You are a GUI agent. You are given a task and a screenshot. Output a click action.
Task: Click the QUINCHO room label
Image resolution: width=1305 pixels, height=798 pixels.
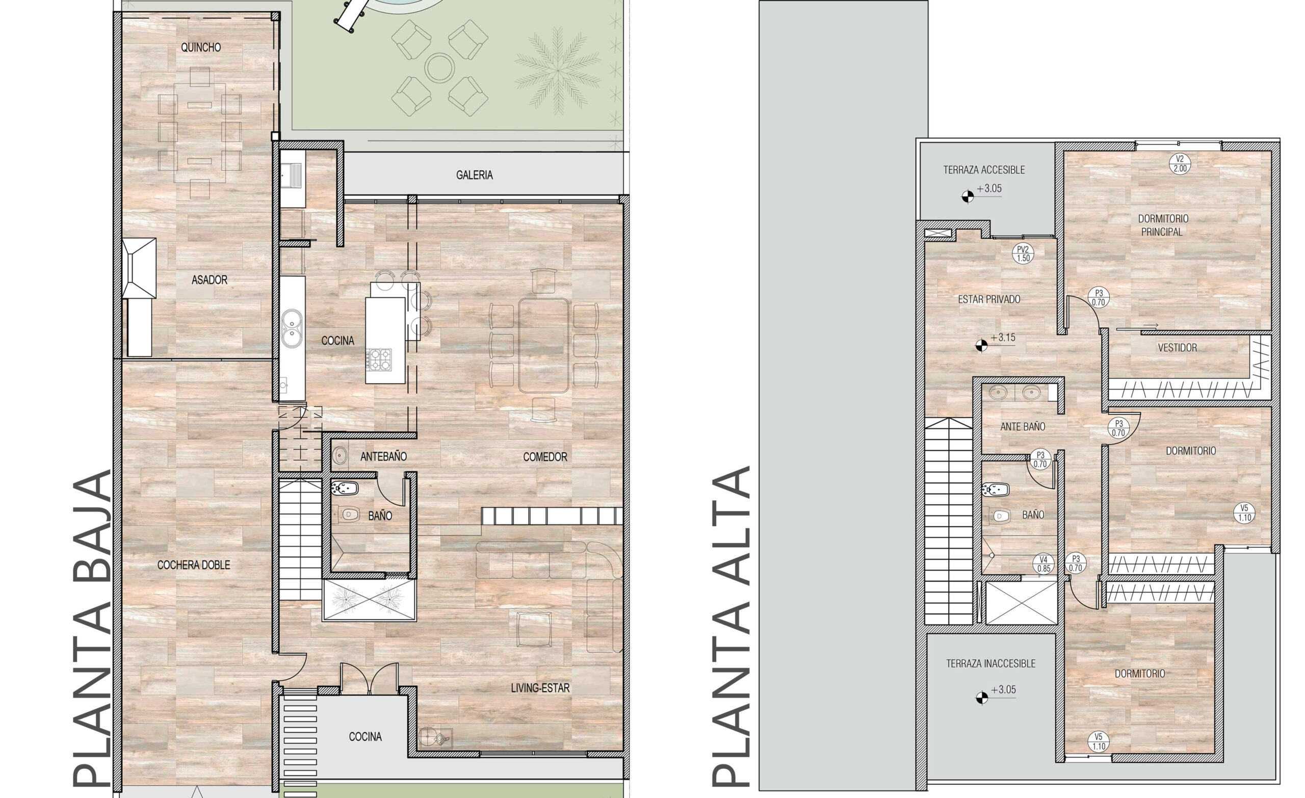tap(201, 47)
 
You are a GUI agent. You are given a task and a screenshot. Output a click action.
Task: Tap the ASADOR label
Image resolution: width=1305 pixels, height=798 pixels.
tap(209, 280)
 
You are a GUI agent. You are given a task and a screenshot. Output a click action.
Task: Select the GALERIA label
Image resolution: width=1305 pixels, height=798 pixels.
tap(475, 175)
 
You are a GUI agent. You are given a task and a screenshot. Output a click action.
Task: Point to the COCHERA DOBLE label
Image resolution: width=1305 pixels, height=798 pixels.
tap(194, 565)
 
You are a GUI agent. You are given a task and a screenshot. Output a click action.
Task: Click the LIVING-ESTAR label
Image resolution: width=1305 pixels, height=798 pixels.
tap(540, 688)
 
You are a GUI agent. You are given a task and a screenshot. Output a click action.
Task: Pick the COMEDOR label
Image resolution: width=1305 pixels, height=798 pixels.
tap(545, 457)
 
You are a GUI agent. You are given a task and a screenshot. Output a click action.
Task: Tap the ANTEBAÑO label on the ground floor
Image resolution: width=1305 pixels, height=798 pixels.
tap(383, 456)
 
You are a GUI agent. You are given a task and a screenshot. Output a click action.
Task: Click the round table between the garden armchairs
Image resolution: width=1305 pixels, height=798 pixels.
tap(439, 67)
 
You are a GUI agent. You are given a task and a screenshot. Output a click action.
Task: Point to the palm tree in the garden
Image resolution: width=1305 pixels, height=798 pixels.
tap(558, 70)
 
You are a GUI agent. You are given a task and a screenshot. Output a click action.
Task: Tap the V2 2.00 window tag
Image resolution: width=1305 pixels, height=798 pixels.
tap(1180, 164)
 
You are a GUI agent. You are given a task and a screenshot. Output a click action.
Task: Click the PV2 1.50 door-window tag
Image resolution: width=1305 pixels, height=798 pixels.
tap(1023, 254)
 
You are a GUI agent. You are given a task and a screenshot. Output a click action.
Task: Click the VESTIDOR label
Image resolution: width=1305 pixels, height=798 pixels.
tap(1178, 348)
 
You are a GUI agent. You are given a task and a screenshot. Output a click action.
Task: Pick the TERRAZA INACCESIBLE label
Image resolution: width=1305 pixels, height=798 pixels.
tap(991, 663)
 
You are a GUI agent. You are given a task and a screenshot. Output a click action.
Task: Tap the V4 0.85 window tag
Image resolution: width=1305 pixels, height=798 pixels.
tap(1043, 564)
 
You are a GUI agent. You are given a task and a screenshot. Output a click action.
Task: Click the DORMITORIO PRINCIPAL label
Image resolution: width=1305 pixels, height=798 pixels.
tap(1163, 225)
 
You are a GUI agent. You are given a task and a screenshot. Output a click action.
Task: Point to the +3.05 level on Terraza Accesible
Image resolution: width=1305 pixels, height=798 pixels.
tap(981, 192)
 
